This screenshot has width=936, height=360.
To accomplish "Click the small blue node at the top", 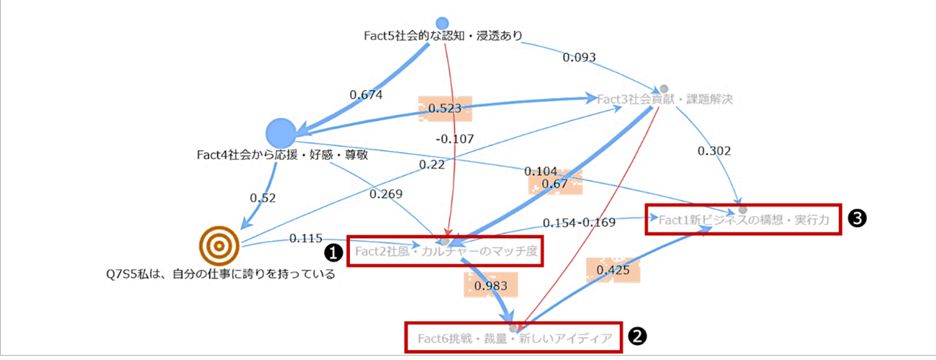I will click(x=442, y=24).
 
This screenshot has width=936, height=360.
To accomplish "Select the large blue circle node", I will click(x=281, y=134).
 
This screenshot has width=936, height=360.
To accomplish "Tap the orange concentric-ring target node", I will click(x=218, y=246).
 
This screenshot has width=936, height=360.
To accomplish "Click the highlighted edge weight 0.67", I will click(x=555, y=184).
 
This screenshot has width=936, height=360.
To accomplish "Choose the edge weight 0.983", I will click(x=490, y=285).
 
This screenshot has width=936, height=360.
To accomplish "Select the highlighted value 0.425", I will click(x=613, y=271).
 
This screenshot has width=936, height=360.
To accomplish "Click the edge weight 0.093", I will click(x=580, y=58).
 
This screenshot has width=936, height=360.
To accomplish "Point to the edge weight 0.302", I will click(x=714, y=151).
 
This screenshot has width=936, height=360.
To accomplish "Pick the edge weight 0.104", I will click(x=540, y=171).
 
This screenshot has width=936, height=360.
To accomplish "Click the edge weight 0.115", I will click(x=302, y=238).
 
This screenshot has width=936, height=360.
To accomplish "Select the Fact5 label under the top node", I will click(x=442, y=35).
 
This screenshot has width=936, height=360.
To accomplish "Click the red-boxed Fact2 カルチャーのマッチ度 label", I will click(x=444, y=251).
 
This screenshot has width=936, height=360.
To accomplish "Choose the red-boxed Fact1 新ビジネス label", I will click(x=742, y=218).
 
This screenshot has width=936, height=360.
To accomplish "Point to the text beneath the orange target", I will click(x=220, y=274).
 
